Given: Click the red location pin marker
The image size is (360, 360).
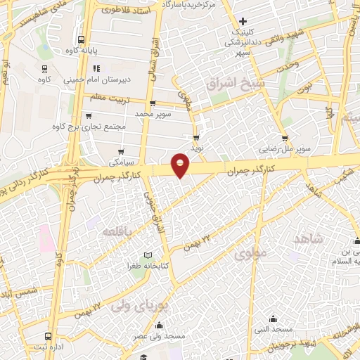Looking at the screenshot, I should (181, 165).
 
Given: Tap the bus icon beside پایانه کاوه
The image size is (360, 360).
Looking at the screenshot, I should (82, 40).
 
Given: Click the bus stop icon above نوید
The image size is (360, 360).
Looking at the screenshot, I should (196, 138).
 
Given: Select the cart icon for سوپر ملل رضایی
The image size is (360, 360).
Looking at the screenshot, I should (285, 139).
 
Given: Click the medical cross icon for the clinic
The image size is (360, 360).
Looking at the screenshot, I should (243, 22).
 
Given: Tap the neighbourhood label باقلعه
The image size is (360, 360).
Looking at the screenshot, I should (118, 231).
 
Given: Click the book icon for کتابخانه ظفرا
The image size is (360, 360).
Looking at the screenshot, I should (147, 255).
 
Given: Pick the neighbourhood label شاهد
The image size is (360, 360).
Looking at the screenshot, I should (307, 239).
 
